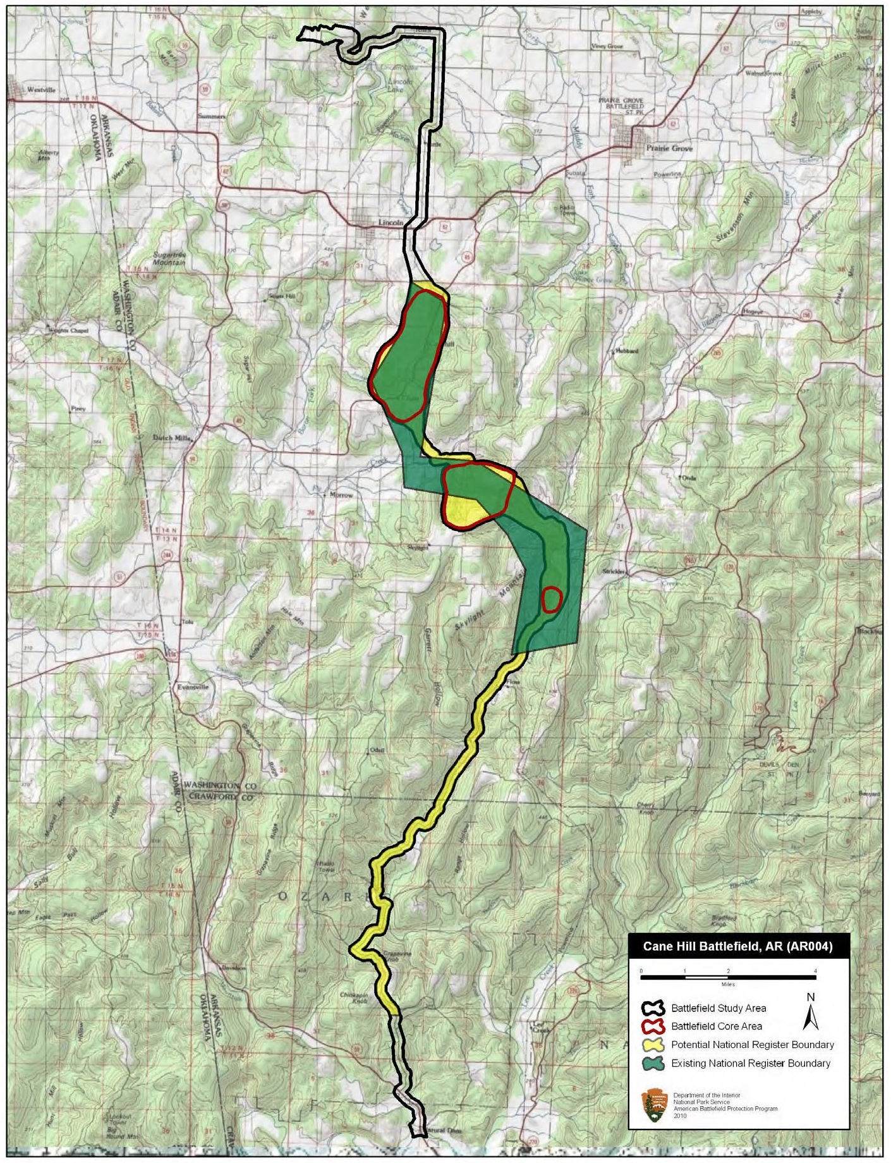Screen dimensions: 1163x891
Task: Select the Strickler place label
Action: [x=614, y=571]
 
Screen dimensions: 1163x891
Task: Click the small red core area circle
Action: [x=552, y=599]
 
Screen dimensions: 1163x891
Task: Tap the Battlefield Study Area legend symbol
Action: [x=655, y=1008]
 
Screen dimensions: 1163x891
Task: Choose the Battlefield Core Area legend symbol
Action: [x=655, y=1026]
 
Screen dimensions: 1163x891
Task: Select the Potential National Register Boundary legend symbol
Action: [x=655, y=1045]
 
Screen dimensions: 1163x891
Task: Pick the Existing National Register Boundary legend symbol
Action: [x=655, y=1063]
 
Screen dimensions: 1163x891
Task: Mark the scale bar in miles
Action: [x=728, y=978]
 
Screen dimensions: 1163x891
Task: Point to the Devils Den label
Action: [x=781, y=764]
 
